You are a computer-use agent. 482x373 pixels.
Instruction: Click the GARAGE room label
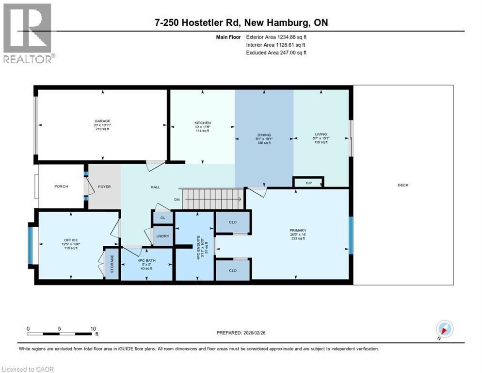[102, 121]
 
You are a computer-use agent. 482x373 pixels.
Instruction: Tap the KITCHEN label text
[202, 123]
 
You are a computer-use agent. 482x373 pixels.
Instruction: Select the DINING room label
[264, 135]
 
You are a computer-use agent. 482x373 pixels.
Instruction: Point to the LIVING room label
[321, 134]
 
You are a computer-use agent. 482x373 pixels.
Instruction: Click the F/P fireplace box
[308, 183]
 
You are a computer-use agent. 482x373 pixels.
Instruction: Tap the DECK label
[403, 185]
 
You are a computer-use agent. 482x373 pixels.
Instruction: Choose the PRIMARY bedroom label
[298, 230]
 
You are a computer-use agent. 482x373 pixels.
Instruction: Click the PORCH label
[61, 186]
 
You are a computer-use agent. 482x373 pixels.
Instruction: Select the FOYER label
[105, 186]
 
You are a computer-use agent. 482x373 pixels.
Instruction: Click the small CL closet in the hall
[163, 218]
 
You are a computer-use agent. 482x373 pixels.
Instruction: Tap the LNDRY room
[162, 236]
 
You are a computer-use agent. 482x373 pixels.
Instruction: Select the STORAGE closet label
[112, 263]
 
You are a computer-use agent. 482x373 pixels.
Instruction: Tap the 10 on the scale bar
[93, 328]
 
